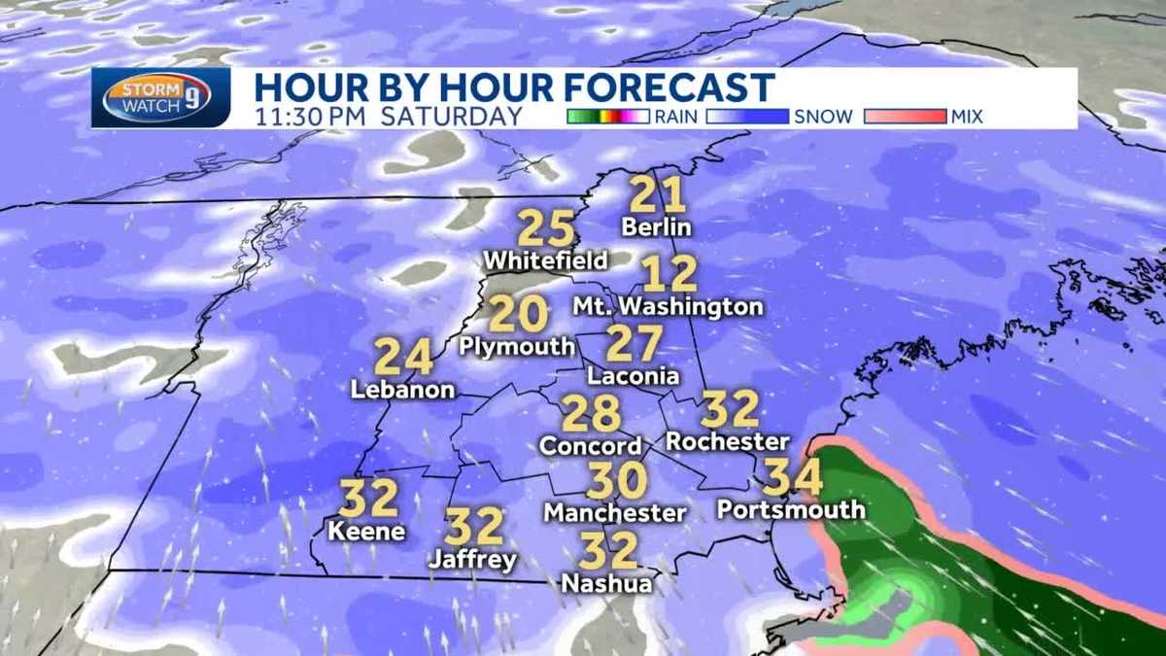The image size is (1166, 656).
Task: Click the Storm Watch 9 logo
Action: click(x=160, y=98)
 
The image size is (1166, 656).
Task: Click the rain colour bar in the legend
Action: click(x=607, y=117)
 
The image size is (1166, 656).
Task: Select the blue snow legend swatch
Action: click(x=747, y=117)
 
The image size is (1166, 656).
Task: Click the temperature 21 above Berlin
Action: click(x=658, y=195)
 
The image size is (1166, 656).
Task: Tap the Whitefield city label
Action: click(x=545, y=260)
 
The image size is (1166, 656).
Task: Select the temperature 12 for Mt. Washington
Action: click(x=670, y=274)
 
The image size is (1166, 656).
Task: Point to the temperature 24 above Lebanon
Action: click(x=403, y=358)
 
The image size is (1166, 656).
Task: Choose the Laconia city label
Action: click(x=633, y=375)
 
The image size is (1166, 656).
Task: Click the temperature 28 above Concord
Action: click(x=591, y=414)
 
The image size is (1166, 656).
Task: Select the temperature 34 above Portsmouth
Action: click(x=793, y=477)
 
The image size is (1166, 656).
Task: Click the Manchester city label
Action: click(x=615, y=511)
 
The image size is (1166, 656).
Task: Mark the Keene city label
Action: click(x=366, y=532)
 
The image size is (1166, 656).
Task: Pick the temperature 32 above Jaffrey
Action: click(x=474, y=527)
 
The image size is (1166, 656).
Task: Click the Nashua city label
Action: click(x=607, y=583)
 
